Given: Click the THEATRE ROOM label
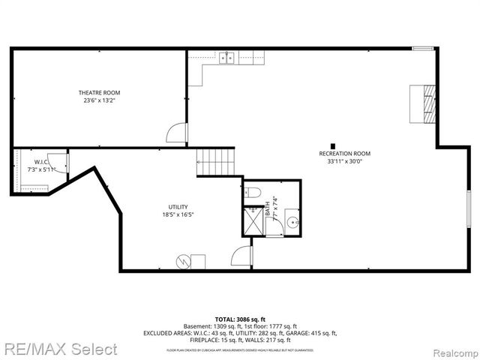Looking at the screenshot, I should pos(100,93).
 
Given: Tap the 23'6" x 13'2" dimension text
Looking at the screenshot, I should pos(100,100).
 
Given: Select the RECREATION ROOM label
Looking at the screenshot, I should pos(344,154).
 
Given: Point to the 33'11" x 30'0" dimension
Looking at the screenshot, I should pos(344,161).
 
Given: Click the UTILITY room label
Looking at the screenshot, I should pos(178,207).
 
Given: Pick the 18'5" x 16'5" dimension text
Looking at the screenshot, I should pos(178,215).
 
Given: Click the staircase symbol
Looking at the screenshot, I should pos(216,161).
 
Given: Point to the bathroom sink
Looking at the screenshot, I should pos(292,222).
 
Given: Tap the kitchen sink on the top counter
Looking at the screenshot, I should pos(227,57).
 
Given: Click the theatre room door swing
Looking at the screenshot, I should pos(175,133).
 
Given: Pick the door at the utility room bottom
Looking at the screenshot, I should pos(241,256).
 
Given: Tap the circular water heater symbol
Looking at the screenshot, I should pos(182,261).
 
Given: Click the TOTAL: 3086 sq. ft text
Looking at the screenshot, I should pos(240,319).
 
